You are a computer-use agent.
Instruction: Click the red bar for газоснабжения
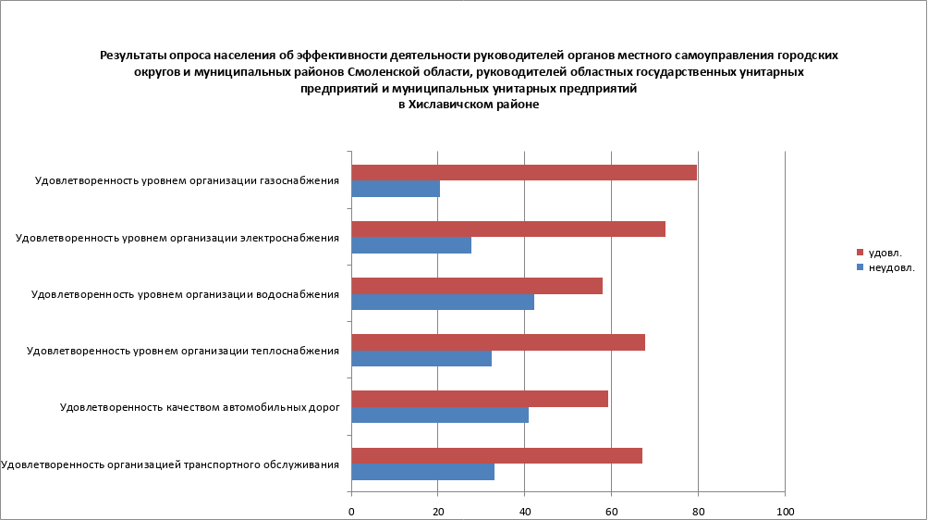click(524, 172)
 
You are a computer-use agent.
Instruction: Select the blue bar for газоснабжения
click(396, 189)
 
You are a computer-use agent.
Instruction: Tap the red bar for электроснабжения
click(508, 229)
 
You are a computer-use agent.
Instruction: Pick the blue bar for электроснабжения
click(411, 245)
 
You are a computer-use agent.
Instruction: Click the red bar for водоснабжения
click(477, 285)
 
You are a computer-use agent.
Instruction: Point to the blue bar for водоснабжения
click(443, 302)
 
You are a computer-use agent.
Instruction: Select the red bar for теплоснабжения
click(498, 342)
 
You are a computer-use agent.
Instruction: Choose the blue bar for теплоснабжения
click(421, 359)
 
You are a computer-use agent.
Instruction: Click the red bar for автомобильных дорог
click(480, 399)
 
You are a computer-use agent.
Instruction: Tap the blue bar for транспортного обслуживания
click(423, 472)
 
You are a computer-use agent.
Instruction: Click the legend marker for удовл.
click(860, 252)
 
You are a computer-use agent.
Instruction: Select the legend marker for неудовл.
click(860, 268)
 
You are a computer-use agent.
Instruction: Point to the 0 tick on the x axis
click(351, 510)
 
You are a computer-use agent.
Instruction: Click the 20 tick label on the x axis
click(438, 510)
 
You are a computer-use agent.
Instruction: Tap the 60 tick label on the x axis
click(611, 510)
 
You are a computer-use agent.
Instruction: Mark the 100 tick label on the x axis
click(785, 510)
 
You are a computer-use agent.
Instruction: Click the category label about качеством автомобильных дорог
click(200, 406)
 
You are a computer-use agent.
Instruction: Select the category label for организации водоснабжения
click(185, 294)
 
